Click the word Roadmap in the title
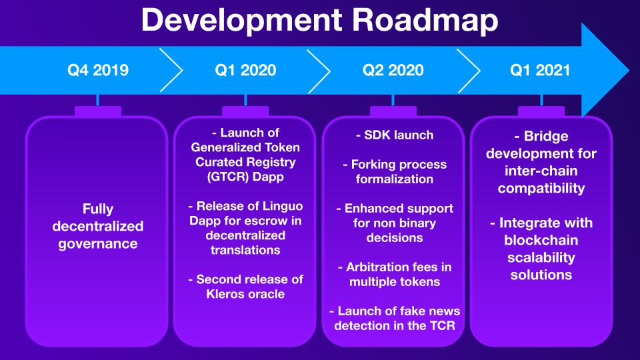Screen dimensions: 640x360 coord(425,21)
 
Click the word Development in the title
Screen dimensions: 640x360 coord(241,21)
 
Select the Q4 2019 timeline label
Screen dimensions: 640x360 coord(98,70)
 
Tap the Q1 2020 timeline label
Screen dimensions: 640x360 coord(246,70)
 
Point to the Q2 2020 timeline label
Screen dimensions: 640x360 coord(393,70)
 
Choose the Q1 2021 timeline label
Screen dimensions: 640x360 coord(540,70)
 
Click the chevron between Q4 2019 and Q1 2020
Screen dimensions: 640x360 coord(171,70)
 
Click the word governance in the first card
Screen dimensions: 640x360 coord(98,244)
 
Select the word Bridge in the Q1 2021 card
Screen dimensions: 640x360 coord(546,136)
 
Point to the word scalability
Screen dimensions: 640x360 coord(541,257)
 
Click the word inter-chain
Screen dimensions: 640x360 coord(541,171)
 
